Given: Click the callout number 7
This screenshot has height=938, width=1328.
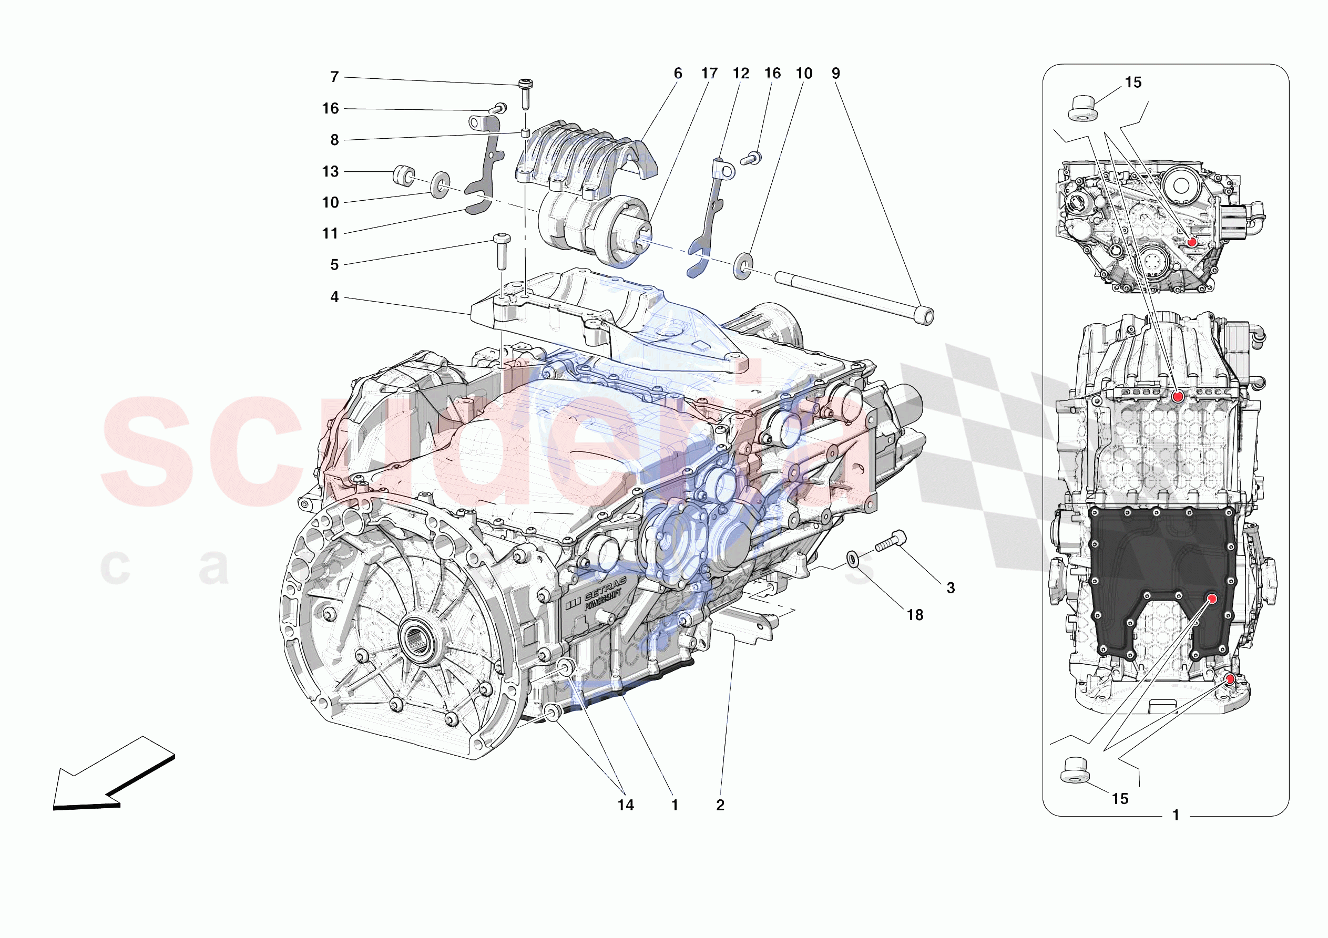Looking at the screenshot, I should pos(334,77).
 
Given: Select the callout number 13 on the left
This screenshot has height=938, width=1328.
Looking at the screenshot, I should pos(330,171).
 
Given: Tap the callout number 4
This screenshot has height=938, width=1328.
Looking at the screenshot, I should pos(334,297).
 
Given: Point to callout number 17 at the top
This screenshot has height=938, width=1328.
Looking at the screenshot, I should pos(709,74).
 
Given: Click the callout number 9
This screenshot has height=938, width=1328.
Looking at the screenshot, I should pos(836,74).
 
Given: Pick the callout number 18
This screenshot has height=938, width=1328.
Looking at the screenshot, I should pos(915,615).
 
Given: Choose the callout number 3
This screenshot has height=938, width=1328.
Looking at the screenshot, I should pos(951,588).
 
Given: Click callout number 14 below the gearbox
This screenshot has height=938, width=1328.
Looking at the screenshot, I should pos(625,805).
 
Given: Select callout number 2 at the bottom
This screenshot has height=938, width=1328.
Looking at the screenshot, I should pos(720,805).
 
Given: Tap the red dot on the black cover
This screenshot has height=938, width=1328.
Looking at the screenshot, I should pos(1212,599).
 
